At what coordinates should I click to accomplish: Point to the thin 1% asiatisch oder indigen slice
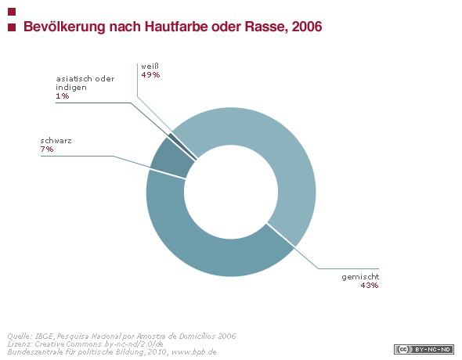coord(182,146)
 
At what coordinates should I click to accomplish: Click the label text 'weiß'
coord(150,67)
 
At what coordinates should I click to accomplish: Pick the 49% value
coord(150,75)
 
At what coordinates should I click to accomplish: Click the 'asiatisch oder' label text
coord(85,79)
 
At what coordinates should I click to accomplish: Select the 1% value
coord(63,96)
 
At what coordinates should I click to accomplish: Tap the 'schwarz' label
coord(56,141)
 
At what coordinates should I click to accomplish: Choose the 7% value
coord(47,149)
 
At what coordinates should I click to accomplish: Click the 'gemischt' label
coord(360,277)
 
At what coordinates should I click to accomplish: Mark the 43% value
coord(370,285)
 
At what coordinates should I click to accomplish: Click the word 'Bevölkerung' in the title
coord(64,27)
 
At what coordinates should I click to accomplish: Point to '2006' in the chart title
coord(307,27)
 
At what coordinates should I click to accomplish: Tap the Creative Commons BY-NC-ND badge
coord(424,349)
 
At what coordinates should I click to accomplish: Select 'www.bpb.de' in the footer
coord(194,352)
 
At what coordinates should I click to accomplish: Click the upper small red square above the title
coord(12,12)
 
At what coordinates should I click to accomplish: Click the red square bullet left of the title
coord(12,27)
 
